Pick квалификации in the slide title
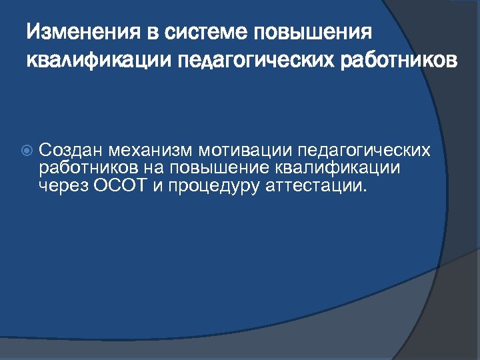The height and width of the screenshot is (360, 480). click(x=98, y=61)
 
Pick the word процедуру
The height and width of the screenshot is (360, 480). click(x=213, y=185)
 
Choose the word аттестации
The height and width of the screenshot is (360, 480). click(x=315, y=185)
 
